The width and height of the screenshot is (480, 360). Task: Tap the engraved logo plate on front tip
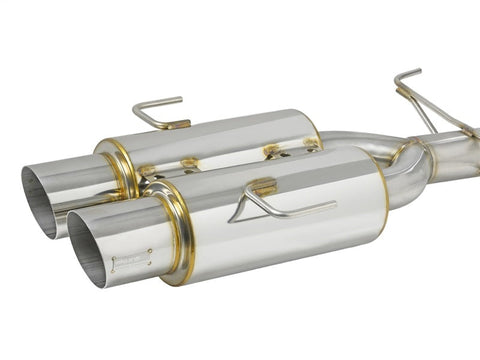click(x=131, y=265)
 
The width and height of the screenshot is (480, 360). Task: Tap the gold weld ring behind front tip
click(x=180, y=230)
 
